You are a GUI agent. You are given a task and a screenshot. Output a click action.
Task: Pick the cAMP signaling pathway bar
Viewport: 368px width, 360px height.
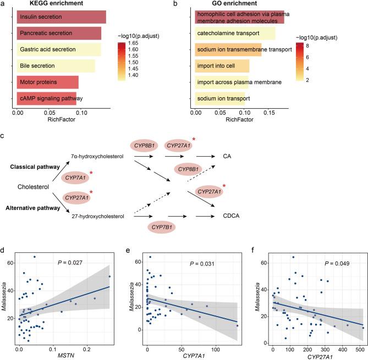click(47, 98)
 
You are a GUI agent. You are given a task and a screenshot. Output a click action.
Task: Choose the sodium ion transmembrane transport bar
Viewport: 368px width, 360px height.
click(228, 50)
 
